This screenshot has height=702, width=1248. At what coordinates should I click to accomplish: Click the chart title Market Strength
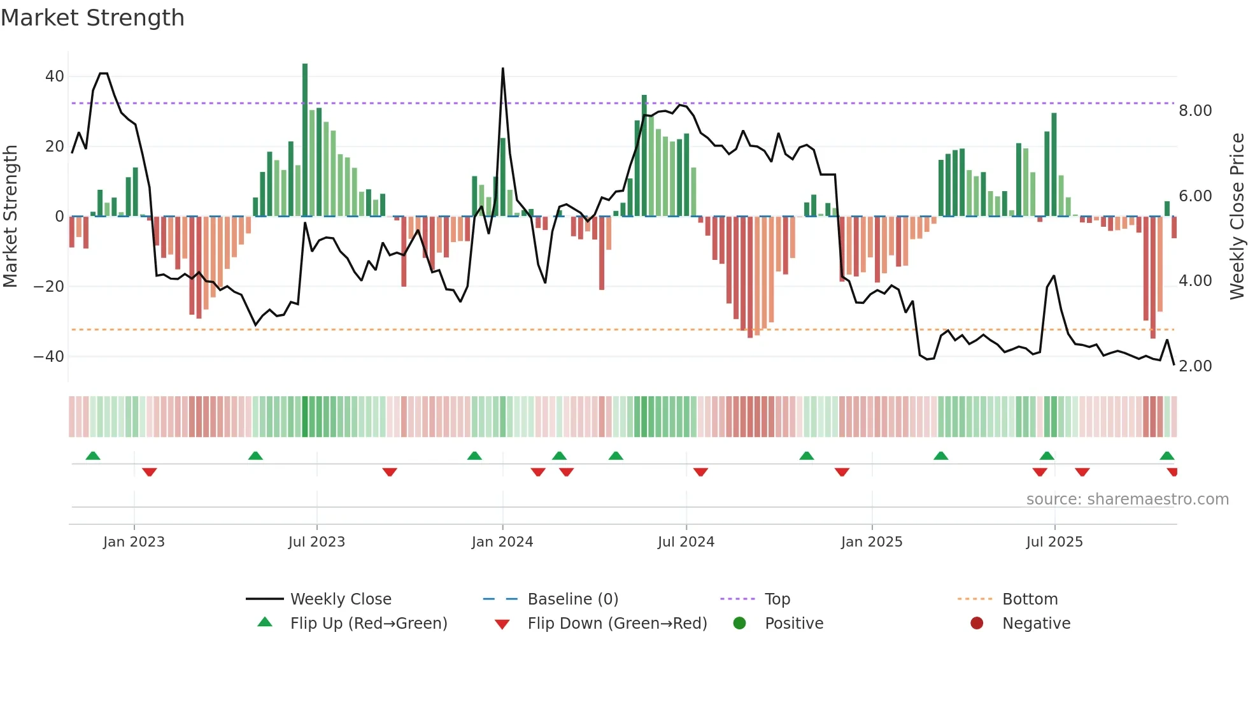tap(92, 18)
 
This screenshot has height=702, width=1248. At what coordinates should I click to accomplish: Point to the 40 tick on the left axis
tap(55, 76)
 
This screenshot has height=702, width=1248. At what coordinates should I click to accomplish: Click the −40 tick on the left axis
tap(50, 357)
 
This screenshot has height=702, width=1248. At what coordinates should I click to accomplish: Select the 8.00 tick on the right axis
tap(1195, 111)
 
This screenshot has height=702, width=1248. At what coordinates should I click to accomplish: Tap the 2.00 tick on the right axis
tap(1195, 366)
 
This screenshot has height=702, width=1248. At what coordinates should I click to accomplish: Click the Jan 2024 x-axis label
tap(502, 542)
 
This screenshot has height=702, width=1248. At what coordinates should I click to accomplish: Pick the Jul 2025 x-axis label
tap(1054, 542)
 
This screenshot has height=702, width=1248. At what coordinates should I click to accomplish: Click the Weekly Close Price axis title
tap(1237, 217)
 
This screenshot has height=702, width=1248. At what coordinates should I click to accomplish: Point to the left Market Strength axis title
tap(10, 217)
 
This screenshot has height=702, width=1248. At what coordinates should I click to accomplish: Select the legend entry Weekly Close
tap(341, 599)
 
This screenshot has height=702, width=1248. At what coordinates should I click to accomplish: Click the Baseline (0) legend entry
tap(572, 599)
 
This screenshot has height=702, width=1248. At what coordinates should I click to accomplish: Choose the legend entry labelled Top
tap(777, 599)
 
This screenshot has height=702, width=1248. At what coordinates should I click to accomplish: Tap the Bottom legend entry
tap(1030, 599)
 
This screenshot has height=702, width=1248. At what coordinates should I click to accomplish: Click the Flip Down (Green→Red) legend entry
tap(616, 624)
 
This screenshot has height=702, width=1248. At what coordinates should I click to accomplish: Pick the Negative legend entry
tap(1036, 624)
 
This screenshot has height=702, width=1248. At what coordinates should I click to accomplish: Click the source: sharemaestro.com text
tap(1127, 499)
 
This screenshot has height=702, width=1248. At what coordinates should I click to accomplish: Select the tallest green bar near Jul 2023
tap(305, 140)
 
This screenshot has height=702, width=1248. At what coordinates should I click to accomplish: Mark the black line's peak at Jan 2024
tap(503, 69)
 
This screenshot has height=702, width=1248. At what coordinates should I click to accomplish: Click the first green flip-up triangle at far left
tap(93, 455)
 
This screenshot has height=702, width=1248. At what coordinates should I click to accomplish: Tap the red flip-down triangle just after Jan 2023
tap(150, 472)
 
